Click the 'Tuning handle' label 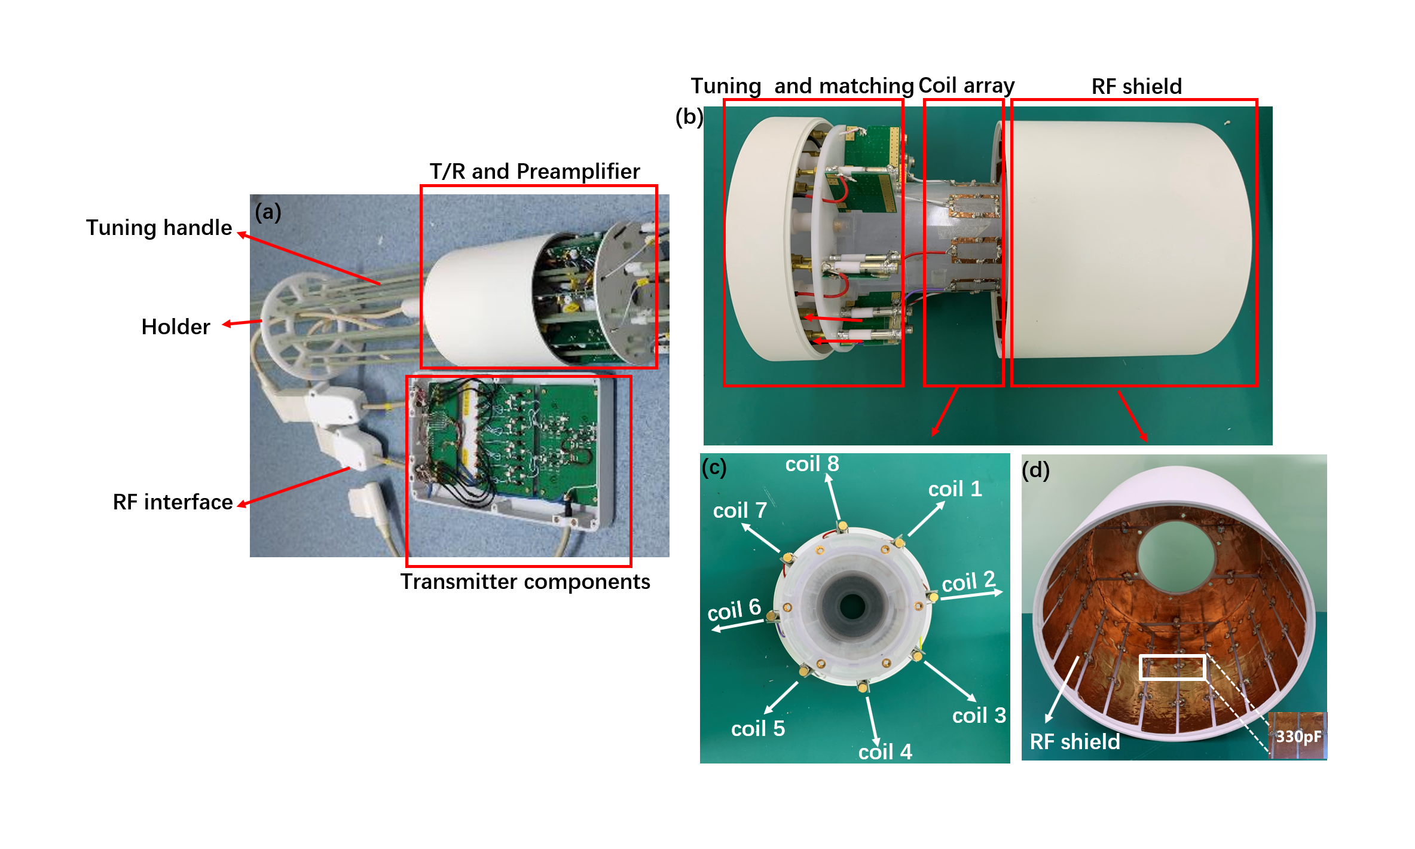(158, 228)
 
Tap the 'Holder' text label (175, 327)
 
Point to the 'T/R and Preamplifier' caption (534, 172)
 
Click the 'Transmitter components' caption (525, 582)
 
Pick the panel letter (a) (268, 212)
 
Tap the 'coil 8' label (812, 464)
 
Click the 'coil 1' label (955, 489)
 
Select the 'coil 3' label (979, 716)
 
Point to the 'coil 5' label (757, 729)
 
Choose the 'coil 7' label (739, 511)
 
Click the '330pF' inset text (1298, 736)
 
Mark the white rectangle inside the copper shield (1172, 667)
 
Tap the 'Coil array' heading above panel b (966, 85)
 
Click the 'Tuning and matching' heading (802, 86)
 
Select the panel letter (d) (1035, 470)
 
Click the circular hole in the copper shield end (1176, 556)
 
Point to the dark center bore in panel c (852, 607)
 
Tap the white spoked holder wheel (305, 326)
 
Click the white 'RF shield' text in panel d (1074, 741)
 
